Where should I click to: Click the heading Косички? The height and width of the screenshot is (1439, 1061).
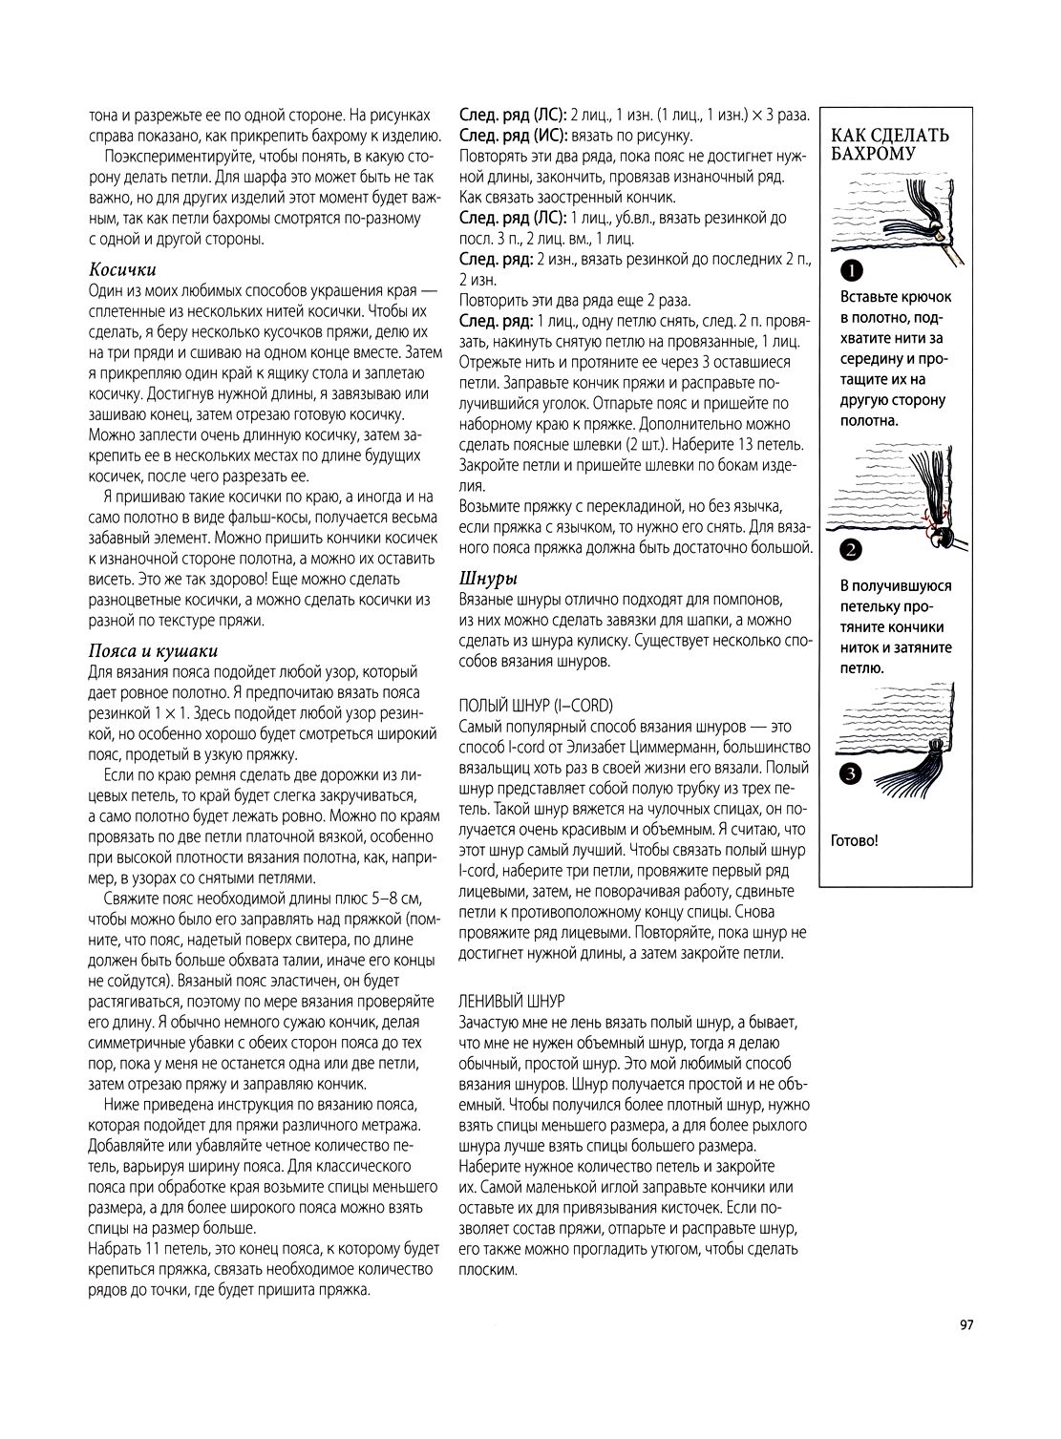122,270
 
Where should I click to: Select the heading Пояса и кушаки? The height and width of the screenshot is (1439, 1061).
153,651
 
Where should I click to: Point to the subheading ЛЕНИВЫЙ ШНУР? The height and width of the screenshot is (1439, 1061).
512,1001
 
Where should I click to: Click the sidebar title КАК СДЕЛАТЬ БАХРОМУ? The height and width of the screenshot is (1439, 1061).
890,143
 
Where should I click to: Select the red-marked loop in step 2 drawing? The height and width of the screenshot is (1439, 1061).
928,518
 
